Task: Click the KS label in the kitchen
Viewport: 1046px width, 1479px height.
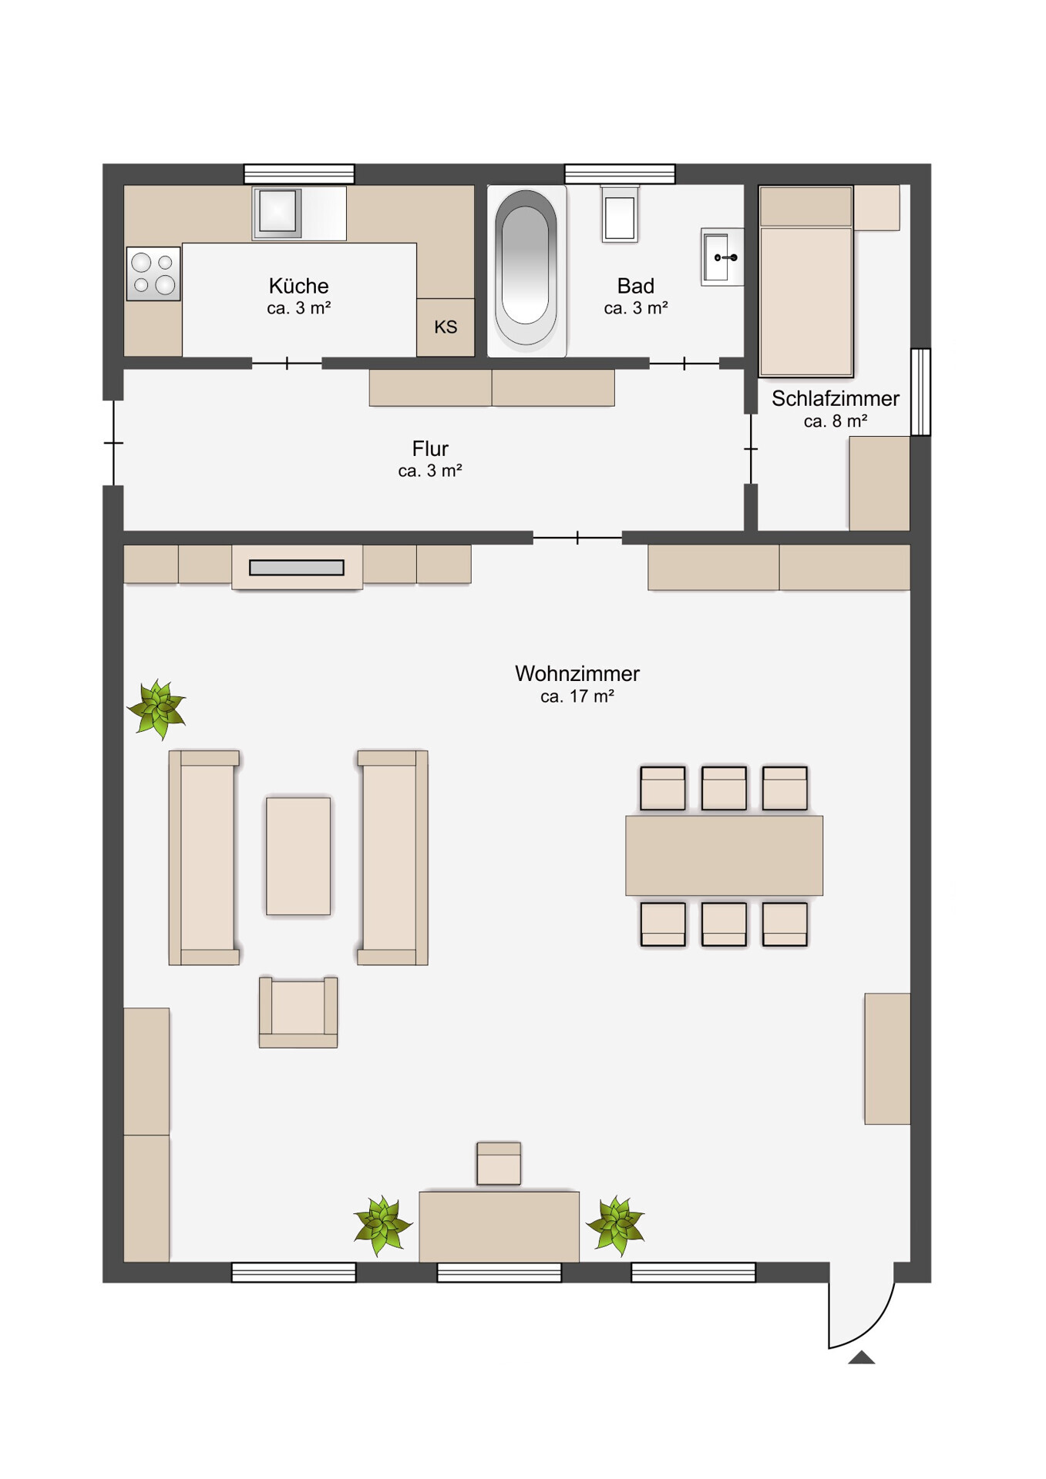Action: [446, 327]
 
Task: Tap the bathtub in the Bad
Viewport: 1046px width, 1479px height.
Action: [526, 270]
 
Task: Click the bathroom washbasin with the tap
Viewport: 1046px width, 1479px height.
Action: [722, 257]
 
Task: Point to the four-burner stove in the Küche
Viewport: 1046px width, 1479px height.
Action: [153, 273]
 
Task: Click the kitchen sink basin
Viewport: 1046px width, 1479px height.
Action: [277, 211]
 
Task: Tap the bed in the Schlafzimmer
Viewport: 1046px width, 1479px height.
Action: [806, 281]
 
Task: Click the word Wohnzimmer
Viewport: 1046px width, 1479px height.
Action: [577, 673]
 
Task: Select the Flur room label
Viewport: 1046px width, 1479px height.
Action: [430, 448]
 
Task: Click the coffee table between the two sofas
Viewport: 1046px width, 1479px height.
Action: [298, 856]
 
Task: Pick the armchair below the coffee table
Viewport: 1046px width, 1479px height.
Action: [298, 1012]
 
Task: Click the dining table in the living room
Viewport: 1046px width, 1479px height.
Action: [724, 856]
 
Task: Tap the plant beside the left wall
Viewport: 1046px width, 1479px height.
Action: [157, 709]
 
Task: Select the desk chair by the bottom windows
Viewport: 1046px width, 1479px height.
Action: [499, 1163]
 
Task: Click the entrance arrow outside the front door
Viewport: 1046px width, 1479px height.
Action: [861, 1357]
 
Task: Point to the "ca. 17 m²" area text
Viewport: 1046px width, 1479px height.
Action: [577, 696]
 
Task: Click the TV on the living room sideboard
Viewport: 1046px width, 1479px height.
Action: [297, 568]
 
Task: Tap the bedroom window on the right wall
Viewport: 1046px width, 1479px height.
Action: [920, 392]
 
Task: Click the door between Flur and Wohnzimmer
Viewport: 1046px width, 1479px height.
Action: [577, 538]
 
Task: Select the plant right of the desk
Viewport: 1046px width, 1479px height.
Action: [615, 1225]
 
